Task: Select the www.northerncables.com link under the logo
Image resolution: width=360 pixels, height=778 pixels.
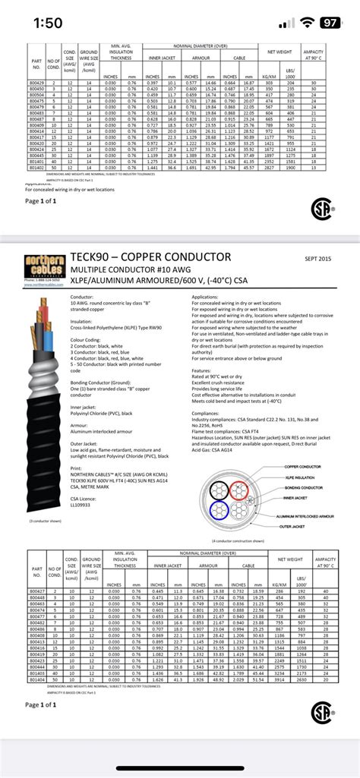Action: (x=41, y=284)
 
